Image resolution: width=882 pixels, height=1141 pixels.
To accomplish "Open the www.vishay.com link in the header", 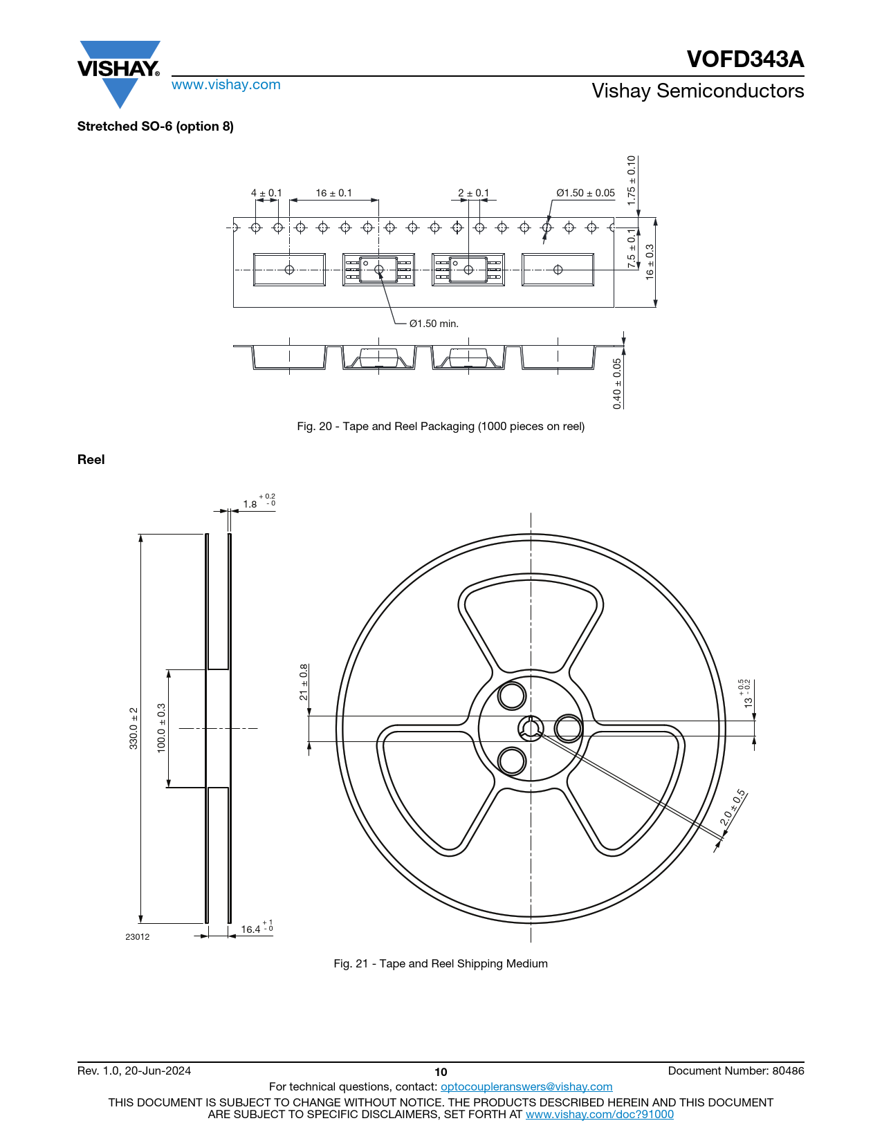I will (226, 85).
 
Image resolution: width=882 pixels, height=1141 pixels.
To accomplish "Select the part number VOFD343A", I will (745, 59).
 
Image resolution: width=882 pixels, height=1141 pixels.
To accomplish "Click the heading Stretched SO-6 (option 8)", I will (156, 127).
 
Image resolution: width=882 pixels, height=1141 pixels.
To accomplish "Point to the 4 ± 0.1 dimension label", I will (266, 193).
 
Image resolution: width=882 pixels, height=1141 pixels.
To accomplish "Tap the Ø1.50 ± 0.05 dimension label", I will (585, 193).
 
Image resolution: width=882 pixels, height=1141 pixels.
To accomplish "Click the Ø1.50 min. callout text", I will (434, 324).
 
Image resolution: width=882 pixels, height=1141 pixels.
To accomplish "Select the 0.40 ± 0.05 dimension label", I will (617, 383).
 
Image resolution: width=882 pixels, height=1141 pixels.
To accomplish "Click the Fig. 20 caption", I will (441, 427).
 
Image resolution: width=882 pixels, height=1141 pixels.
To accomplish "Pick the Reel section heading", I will (91, 460).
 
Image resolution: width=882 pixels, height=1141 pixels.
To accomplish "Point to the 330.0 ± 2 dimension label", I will (134, 728).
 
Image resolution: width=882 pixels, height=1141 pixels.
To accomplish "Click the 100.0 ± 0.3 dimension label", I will (161, 728).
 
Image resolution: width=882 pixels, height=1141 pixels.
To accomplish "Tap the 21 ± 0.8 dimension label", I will (304, 683).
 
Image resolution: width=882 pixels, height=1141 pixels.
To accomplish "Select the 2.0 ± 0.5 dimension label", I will (733, 808).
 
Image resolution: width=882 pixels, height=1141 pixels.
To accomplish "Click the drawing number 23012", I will (137, 937).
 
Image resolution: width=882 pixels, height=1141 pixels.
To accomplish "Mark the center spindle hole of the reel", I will (531, 728).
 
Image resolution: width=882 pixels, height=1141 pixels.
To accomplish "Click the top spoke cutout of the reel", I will (531, 619).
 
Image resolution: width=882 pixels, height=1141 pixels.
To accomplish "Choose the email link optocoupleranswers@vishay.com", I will (526, 1087).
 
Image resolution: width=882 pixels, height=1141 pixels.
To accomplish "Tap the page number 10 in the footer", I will (441, 1072).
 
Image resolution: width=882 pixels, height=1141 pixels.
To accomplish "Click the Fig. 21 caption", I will (441, 964).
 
